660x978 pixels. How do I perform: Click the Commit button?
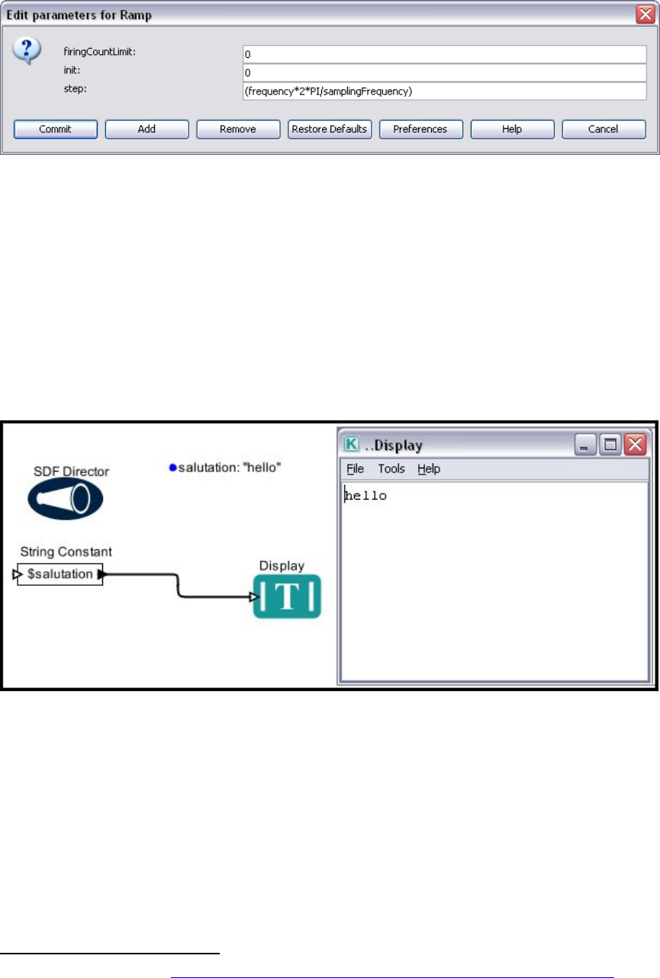[55, 129]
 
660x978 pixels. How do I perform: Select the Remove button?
[237, 129]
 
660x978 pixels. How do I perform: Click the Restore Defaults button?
[329, 129]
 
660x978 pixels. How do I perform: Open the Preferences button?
[420, 129]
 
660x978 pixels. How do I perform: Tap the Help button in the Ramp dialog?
[511, 129]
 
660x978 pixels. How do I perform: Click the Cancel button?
[603, 129]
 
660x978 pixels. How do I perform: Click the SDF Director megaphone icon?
[65, 499]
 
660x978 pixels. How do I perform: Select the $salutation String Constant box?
[60, 574]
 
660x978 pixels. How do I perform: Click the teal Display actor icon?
[287, 597]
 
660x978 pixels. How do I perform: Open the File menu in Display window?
[355, 469]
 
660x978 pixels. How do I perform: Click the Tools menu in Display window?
[391, 469]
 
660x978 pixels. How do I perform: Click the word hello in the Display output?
[366, 496]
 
